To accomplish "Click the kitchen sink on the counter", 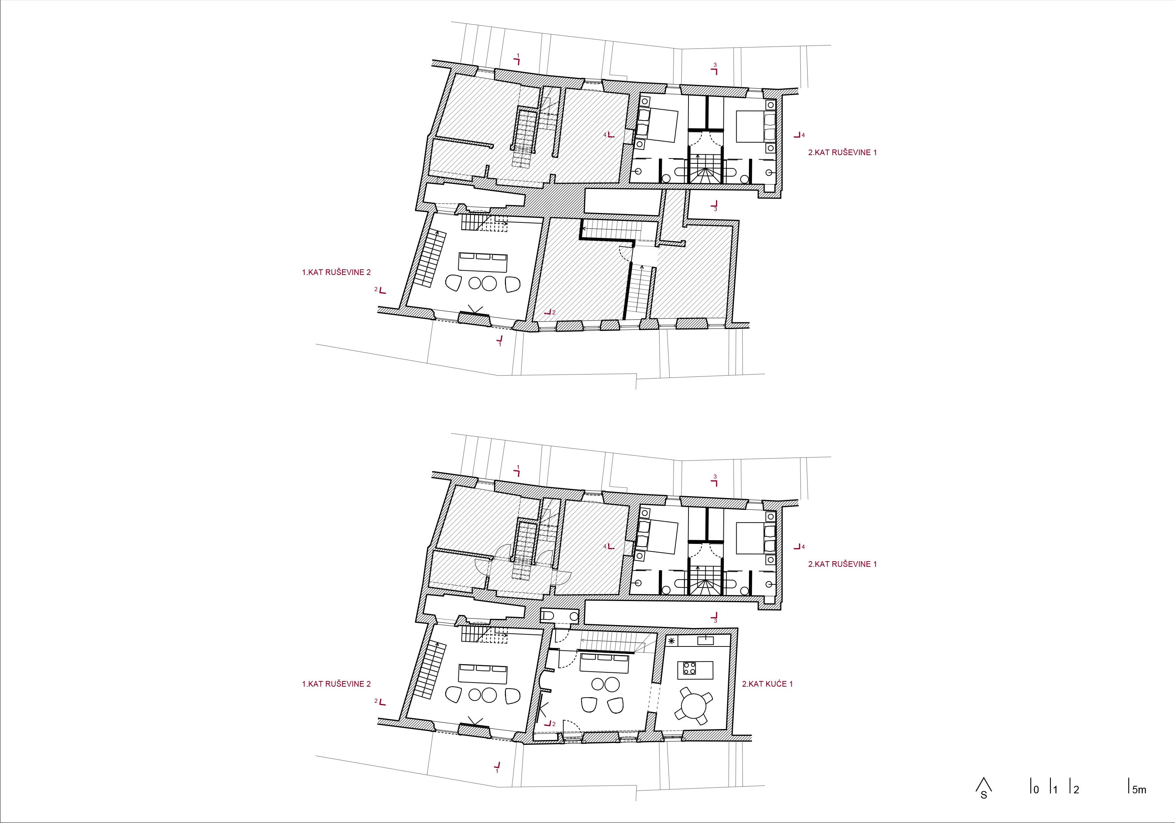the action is [705, 640].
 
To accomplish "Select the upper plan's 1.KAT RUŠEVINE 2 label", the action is [336, 272].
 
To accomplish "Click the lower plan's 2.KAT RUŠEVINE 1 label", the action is [842, 564].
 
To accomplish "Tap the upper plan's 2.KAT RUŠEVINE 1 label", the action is [842, 152].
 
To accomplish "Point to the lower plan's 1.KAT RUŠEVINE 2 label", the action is [336, 684].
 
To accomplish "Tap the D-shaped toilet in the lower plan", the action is [547, 615].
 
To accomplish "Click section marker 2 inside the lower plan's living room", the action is [550, 723].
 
